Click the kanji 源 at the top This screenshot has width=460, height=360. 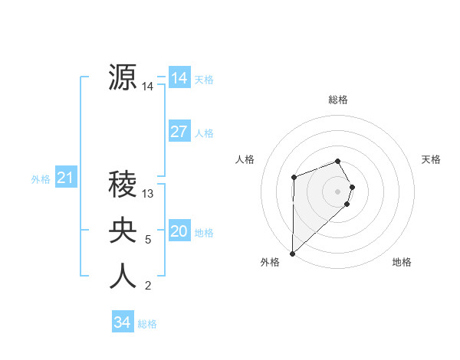(123, 77)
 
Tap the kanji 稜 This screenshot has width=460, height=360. (123, 184)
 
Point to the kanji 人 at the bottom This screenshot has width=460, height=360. (123, 276)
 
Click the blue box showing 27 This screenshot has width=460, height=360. (179, 132)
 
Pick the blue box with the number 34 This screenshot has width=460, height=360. (123, 322)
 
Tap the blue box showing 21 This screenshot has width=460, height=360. (64, 178)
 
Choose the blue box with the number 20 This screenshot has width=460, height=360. (179, 231)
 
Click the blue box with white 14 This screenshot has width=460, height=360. (179, 78)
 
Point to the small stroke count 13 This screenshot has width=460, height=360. (149, 194)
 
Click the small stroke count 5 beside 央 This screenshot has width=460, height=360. (148, 240)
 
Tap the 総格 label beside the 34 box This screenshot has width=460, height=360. (147, 324)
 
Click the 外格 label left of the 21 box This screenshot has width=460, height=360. (41, 179)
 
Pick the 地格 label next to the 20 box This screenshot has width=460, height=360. (205, 232)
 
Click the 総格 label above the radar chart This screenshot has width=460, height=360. (337, 100)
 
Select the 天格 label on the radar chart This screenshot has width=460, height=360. (431, 159)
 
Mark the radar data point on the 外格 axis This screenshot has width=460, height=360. (292, 253)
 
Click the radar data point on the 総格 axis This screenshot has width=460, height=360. (337, 161)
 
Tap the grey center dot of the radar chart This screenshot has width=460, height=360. (337, 191)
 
